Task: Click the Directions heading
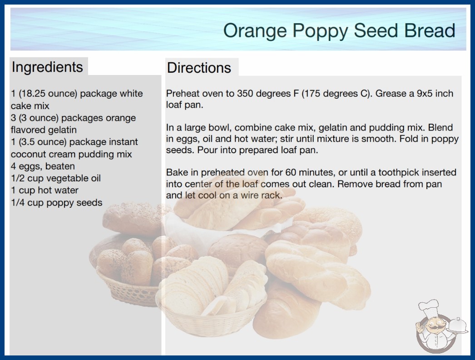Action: (199, 68)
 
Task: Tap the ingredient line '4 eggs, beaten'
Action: (43, 166)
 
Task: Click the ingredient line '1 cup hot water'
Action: (45, 190)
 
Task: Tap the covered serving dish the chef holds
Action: (458, 326)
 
